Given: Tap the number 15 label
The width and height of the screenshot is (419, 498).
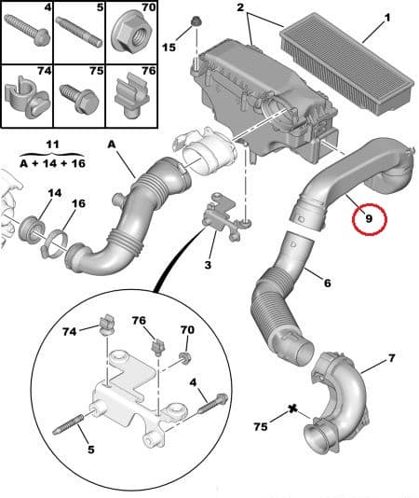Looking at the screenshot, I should [x=168, y=47].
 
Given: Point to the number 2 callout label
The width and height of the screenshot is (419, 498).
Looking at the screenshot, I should [x=240, y=7].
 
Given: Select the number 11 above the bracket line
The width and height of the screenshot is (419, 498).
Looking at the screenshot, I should [x=53, y=145].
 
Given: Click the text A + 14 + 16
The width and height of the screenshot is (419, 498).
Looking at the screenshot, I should [x=53, y=162].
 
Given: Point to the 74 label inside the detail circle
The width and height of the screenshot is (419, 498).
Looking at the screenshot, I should [x=71, y=330].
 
